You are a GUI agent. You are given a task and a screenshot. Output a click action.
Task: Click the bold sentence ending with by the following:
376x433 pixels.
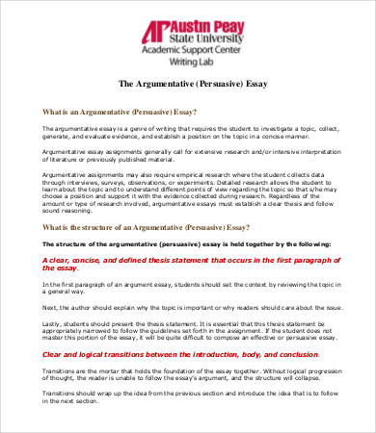(187, 245)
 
